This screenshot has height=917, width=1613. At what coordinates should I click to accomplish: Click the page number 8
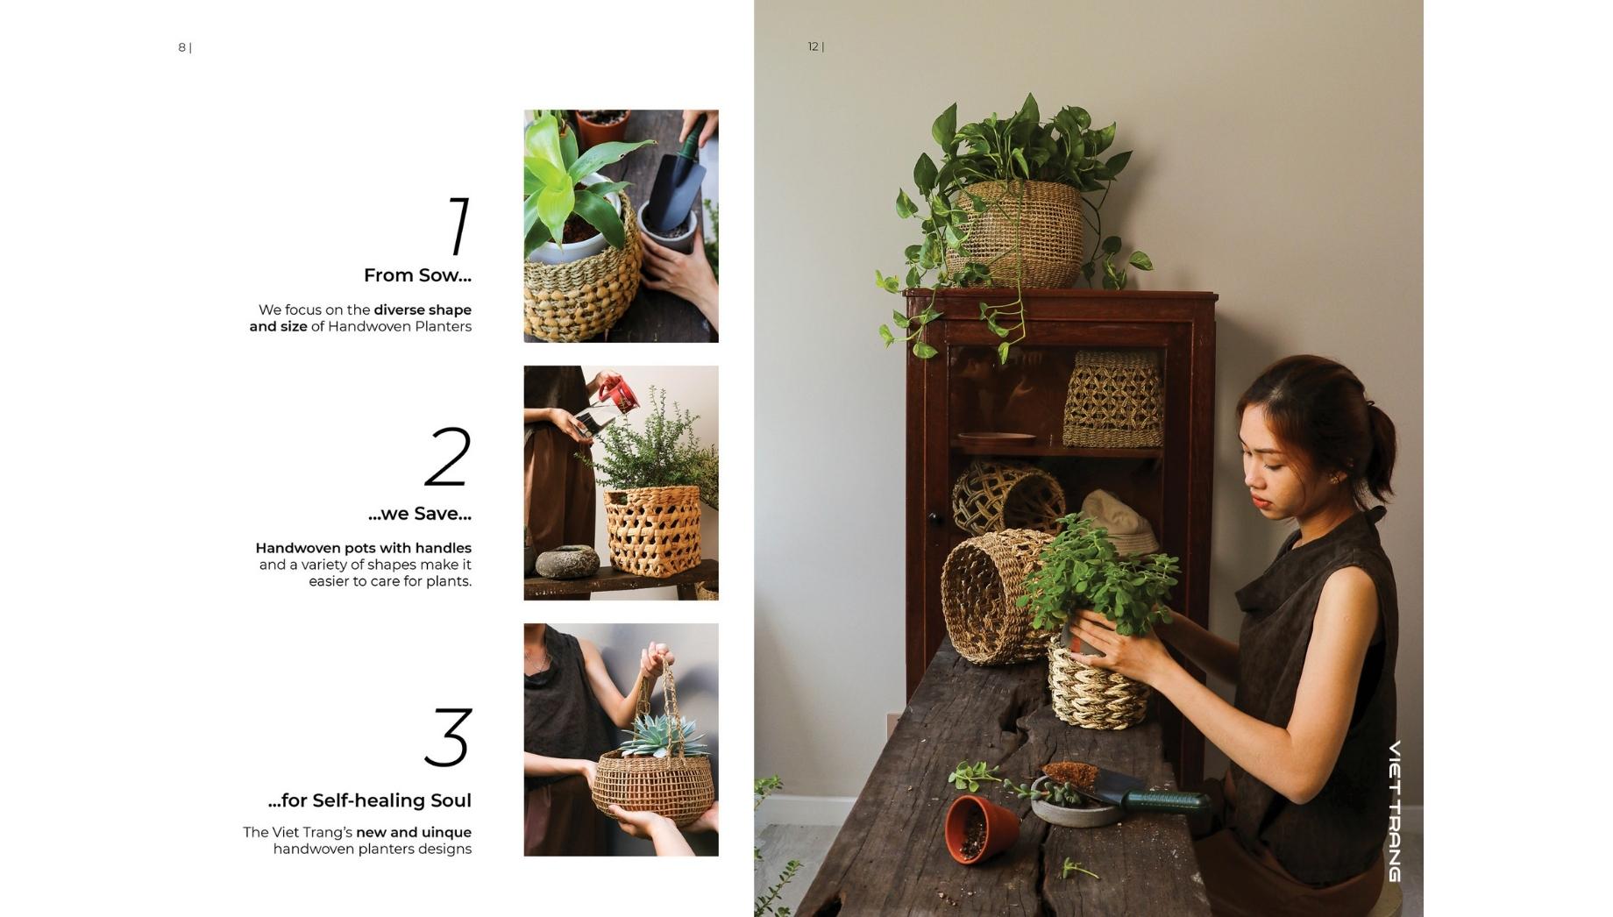tap(181, 47)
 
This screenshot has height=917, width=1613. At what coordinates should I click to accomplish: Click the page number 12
tap(813, 46)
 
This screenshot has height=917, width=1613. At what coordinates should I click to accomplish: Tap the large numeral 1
tap(458, 225)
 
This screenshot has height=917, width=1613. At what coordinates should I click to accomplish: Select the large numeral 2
tap(448, 456)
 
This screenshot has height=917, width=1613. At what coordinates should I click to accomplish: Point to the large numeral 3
tap(448, 737)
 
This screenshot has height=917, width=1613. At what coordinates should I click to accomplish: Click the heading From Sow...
tap(417, 275)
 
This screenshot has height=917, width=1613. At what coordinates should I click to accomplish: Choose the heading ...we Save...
tap(419, 514)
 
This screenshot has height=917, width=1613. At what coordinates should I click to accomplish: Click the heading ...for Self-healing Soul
tap(369, 800)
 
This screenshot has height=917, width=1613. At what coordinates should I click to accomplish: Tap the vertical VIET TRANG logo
tap(1395, 811)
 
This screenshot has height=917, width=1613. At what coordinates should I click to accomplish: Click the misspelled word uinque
tap(446, 833)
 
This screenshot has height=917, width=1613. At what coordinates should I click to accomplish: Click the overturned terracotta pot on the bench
tap(981, 827)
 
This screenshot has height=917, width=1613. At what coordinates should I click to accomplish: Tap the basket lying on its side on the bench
tap(992, 595)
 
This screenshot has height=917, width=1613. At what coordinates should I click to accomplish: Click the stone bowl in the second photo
tap(567, 561)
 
